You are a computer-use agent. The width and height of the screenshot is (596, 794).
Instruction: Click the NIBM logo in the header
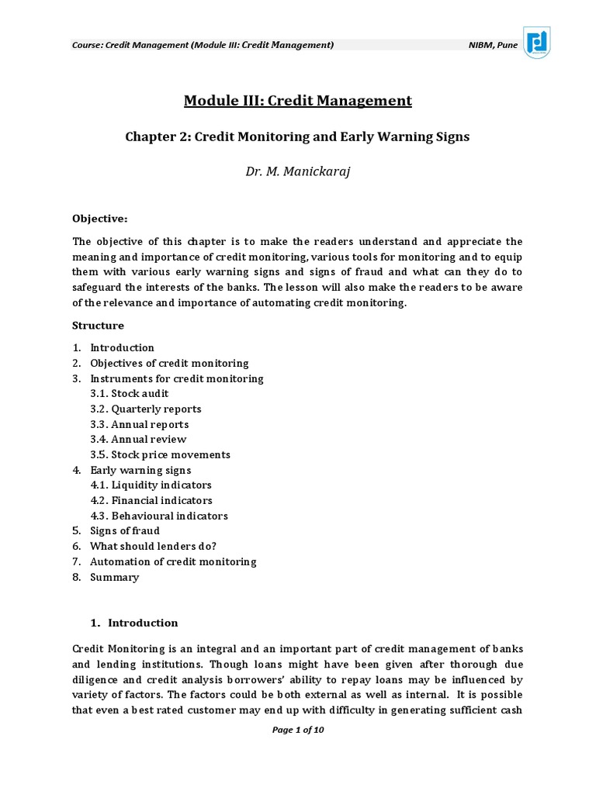pos(537,43)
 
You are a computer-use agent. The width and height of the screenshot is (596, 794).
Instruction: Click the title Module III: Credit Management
pos(297,100)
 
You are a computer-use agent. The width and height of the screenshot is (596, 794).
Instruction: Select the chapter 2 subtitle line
pos(297,136)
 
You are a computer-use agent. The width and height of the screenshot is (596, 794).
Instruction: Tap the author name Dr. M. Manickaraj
pos(298,171)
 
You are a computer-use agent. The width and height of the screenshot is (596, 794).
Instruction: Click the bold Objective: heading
pos(100,219)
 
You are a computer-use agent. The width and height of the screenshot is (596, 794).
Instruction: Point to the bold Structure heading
pos(98,326)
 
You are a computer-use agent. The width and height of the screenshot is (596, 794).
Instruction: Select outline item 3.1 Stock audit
pos(129,394)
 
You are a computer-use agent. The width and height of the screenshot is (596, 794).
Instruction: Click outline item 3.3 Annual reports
pos(139,424)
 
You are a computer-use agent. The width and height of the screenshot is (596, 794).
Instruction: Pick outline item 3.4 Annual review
pos(138,440)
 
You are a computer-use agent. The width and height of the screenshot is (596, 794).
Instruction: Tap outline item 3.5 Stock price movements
pos(160,454)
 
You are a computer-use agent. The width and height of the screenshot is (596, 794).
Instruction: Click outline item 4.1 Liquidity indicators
pos(151,485)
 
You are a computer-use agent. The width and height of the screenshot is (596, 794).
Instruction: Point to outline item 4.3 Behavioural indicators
pos(158,516)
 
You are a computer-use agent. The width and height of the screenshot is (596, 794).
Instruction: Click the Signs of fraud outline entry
pos(124,531)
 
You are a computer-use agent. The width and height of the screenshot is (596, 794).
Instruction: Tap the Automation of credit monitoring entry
pos(172,561)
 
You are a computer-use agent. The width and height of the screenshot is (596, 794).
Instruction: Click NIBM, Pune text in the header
pos(493,45)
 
